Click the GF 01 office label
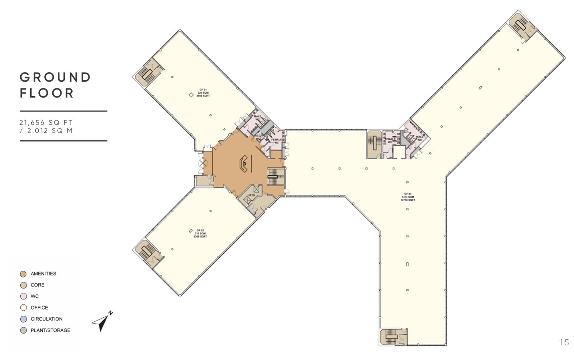click(203, 92)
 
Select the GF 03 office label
click(408, 197)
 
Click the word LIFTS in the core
click(251, 195)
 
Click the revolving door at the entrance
click(202, 162)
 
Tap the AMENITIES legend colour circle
click(23, 274)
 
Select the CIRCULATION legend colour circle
click(23, 319)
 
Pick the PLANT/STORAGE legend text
click(51, 330)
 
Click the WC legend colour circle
click(23, 296)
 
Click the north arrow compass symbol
click(102, 322)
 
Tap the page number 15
click(564, 342)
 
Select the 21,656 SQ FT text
click(46, 122)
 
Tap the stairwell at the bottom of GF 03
click(391, 336)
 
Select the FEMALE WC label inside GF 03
click(390, 140)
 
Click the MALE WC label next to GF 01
click(257, 118)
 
